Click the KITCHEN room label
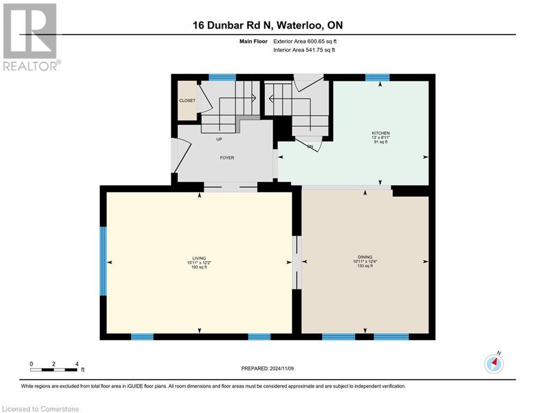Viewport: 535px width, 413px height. coord(380,133)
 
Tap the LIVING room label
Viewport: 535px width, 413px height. coord(199,258)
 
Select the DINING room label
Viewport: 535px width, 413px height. coord(365,257)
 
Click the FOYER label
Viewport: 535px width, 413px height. coord(226,158)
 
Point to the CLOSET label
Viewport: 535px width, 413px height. coord(188,101)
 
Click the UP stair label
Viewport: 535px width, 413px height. coord(219,139)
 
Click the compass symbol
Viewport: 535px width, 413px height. coord(494,364)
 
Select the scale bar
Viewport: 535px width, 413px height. coord(54,369)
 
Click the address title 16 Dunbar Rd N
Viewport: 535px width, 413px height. coord(267,25)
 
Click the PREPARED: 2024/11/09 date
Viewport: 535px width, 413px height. coord(268,368)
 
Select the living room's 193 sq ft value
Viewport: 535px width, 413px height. coord(199,267)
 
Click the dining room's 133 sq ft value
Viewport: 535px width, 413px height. coord(365,266)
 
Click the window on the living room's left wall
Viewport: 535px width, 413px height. coord(103,261)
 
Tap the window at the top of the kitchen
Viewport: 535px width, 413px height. coord(377,77)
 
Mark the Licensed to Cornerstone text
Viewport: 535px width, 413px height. coord(41,409)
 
